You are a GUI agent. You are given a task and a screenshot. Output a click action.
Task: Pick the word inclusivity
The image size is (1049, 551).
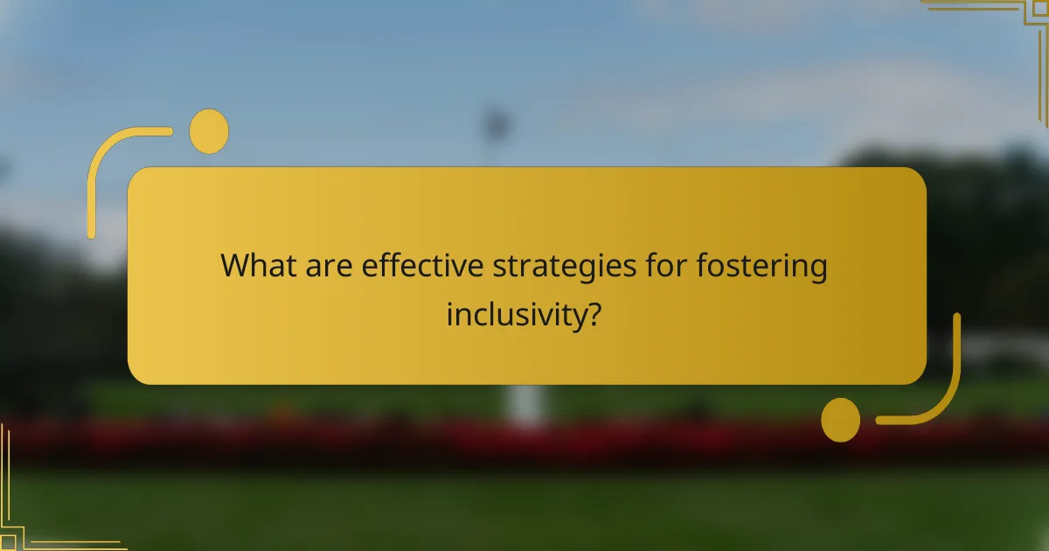point(514,314)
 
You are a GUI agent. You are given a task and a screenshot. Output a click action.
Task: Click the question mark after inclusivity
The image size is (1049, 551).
point(593,313)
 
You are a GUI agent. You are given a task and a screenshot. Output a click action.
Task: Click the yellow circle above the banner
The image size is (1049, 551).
point(209,131)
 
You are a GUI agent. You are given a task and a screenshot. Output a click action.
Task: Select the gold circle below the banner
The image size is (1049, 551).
point(841,420)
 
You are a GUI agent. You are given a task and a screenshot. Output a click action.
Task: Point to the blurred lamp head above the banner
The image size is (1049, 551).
point(497,122)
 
